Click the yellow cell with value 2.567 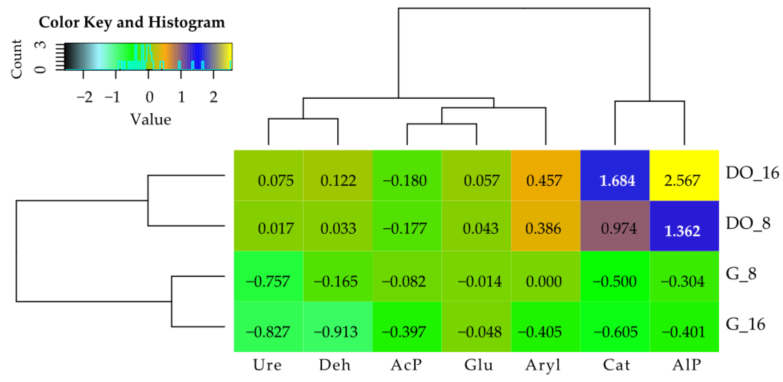point(684,176)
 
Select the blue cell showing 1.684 point(615,176)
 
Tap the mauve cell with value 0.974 point(615,226)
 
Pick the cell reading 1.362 point(684,226)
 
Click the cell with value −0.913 point(338,327)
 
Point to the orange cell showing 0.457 point(546,176)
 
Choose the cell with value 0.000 point(546,276)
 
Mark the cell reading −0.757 point(268,276)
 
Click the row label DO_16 point(752,173)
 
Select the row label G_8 point(741,274)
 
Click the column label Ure point(267,365)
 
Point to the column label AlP point(686,365)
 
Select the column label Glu point(478,365)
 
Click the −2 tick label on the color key point(84,97)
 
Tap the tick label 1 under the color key point(181,97)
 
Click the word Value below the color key point(151,119)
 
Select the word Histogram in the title point(186,22)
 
